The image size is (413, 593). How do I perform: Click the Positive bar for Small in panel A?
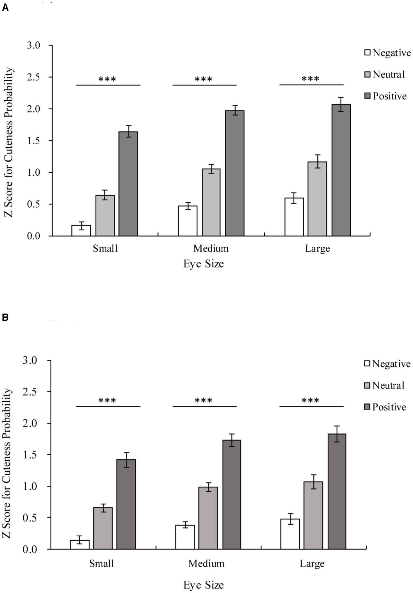click(x=128, y=184)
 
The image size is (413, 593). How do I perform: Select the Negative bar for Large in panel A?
click(x=294, y=217)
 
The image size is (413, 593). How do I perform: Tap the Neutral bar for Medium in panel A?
click(x=211, y=202)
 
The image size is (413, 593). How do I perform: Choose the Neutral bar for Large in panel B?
click(x=313, y=515)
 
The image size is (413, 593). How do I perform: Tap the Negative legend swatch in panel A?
click(x=367, y=53)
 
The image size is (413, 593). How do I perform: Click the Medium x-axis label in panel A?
click(x=211, y=249)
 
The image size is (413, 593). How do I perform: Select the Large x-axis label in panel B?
click(x=312, y=564)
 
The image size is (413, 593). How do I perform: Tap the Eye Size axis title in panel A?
click(x=203, y=264)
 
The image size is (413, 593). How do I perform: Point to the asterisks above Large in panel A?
click(x=310, y=79)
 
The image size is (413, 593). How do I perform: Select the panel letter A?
click(x=5, y=8)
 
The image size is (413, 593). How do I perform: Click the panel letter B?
click(x=5, y=317)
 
